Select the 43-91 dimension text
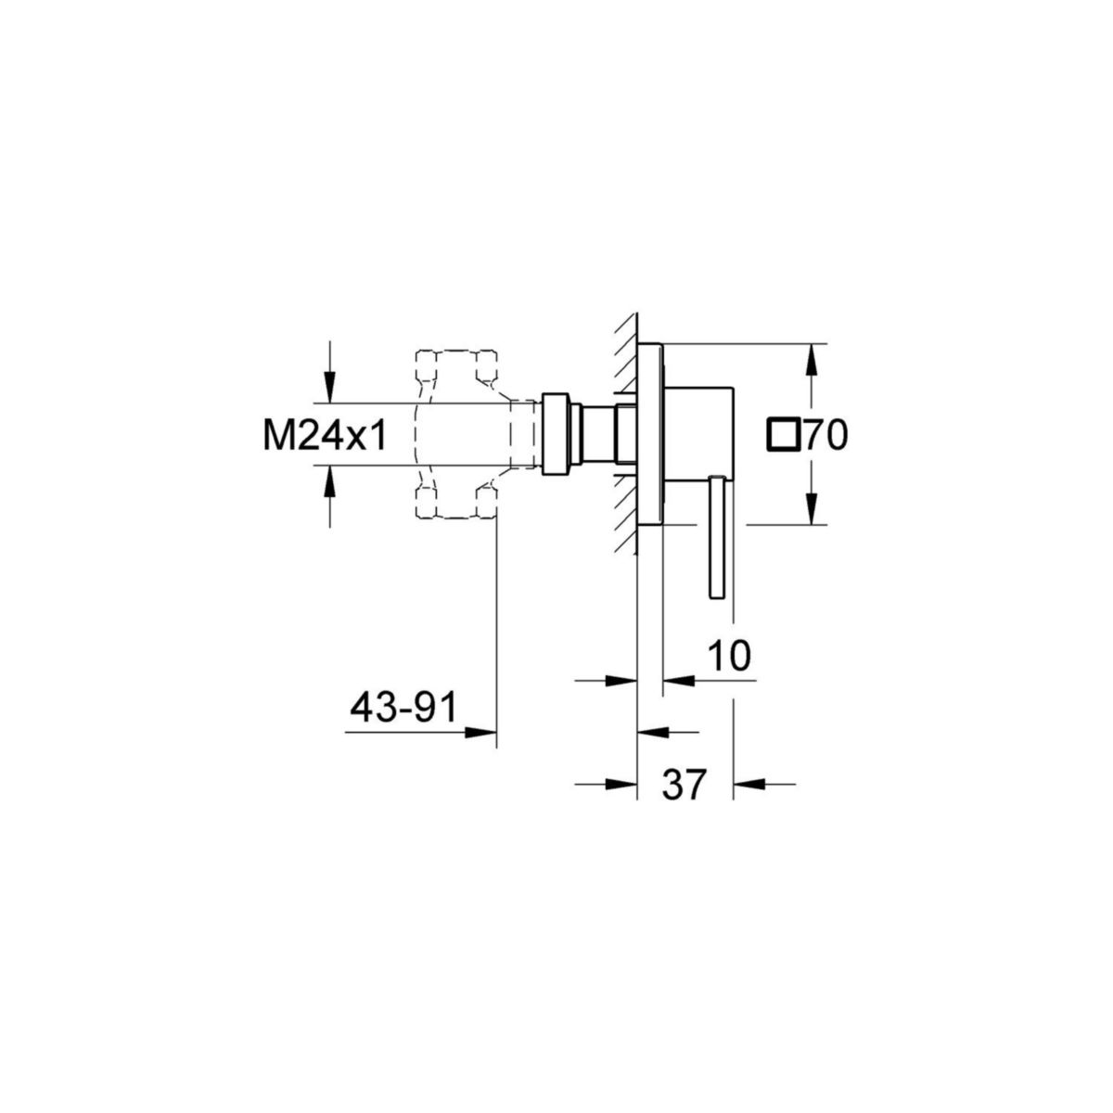click(x=403, y=709)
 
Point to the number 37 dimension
click(x=684, y=784)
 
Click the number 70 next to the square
click(x=825, y=435)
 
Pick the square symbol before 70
click(x=784, y=435)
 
